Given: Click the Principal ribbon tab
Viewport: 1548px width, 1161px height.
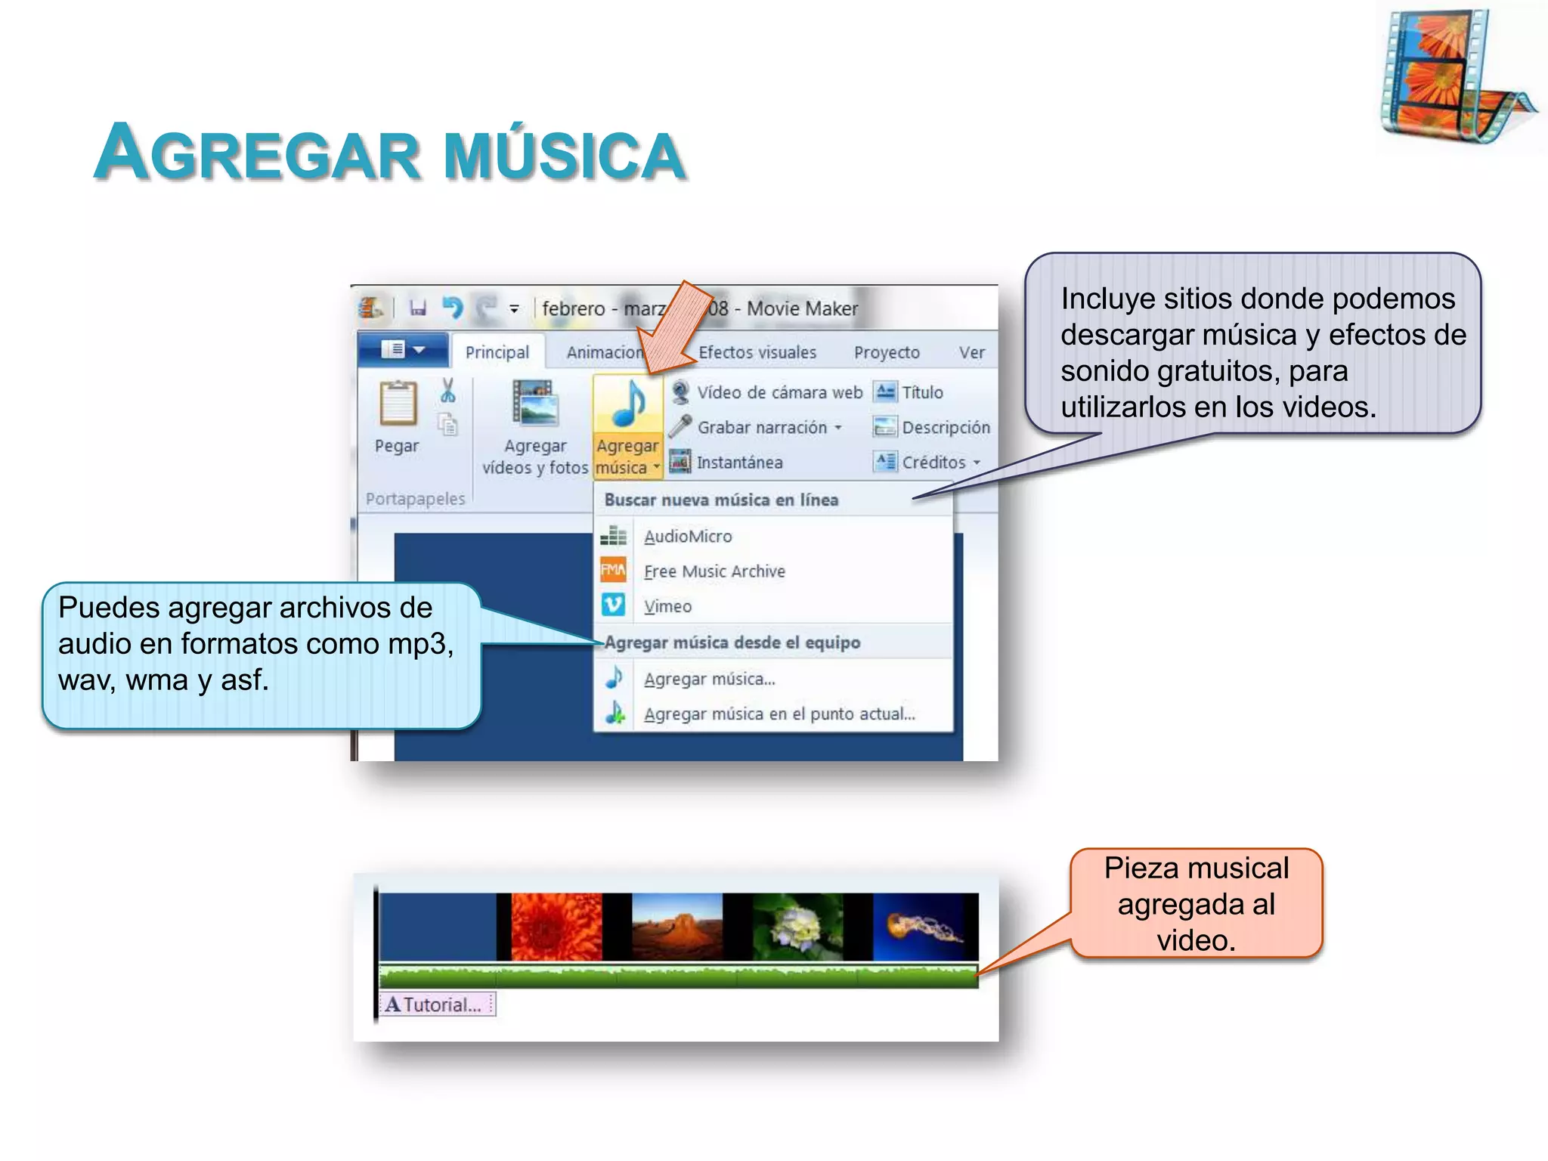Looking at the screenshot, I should point(497,352).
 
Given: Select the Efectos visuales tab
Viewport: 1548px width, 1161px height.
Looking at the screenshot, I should point(757,352).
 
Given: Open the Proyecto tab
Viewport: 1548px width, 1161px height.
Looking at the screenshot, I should point(886,352).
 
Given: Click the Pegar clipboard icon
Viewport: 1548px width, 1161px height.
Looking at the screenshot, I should point(398,404).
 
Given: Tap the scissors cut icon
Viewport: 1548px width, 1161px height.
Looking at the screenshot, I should point(447,391).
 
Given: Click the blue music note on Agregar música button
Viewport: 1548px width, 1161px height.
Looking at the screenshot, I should point(628,404).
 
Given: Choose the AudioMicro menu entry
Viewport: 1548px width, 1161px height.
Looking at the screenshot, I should point(687,537).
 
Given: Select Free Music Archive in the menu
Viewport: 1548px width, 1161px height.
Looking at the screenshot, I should point(714,571).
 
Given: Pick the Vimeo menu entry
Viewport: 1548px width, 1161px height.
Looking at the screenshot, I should point(667,606).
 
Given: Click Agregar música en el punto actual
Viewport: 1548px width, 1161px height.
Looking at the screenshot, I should point(779,714).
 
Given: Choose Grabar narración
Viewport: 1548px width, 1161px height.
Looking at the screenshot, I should point(761,427).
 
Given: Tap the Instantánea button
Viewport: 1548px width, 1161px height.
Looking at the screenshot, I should point(738,462).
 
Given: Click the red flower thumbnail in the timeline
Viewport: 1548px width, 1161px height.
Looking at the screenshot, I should point(556,926).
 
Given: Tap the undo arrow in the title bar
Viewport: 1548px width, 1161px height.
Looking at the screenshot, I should point(452,308).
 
